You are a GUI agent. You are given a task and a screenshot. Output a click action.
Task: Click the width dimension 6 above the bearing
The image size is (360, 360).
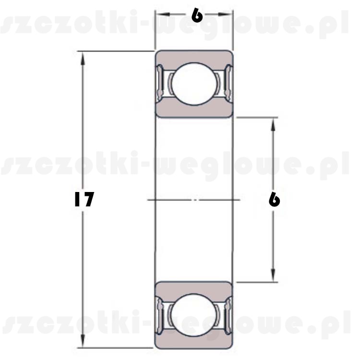click(x=197, y=15)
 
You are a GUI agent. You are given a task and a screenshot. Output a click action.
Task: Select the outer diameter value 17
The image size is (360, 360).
click(x=84, y=199)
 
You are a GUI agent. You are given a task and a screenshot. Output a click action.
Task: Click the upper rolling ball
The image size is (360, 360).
click(x=194, y=84)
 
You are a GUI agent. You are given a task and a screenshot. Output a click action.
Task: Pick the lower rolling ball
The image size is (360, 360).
click(x=194, y=315)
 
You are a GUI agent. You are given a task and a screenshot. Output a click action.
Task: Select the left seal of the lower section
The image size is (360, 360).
click(x=160, y=314)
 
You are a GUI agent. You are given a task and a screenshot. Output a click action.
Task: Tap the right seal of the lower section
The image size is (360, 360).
click(x=228, y=314)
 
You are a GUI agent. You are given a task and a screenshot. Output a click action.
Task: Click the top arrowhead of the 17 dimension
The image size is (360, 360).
click(x=83, y=58)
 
